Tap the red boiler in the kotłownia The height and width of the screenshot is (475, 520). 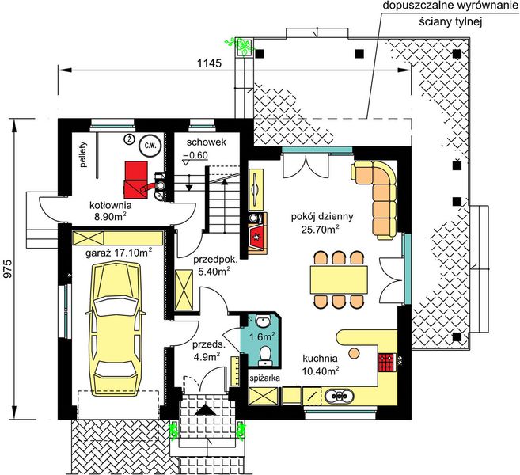point(136,180)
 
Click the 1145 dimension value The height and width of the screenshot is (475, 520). point(209,63)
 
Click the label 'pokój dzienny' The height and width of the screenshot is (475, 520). point(322,217)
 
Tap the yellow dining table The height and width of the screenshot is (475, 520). point(339,279)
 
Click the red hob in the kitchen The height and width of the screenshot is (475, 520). point(386,363)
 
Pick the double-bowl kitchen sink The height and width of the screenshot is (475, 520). point(339,396)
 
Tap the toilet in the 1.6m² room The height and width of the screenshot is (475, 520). point(265,355)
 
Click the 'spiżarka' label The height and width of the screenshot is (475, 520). point(265,378)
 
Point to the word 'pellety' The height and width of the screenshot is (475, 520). point(83,154)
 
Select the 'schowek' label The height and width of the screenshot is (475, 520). point(207,142)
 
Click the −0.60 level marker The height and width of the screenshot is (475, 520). point(195,157)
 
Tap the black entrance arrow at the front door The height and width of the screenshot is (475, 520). point(206,410)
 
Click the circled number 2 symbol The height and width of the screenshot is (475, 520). point(128,139)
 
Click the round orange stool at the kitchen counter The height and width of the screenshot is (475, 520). point(354,352)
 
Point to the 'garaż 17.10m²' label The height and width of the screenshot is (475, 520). point(119,253)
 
